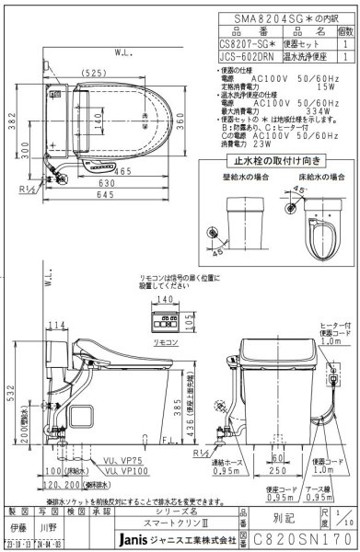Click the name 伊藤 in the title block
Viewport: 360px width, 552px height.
coord(18,528)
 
